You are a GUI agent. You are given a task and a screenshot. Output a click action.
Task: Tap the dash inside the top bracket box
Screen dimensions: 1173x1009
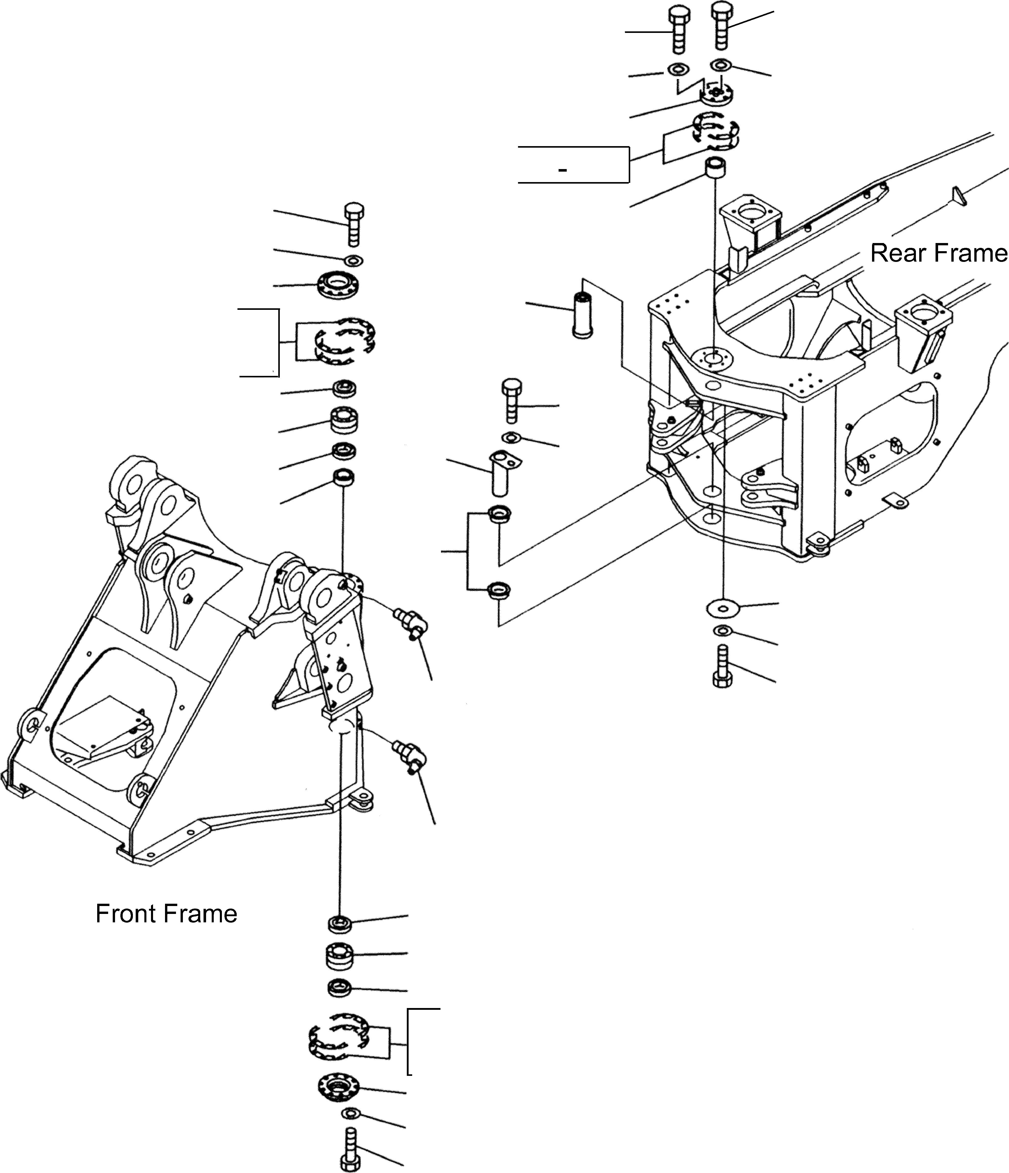[562, 170]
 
